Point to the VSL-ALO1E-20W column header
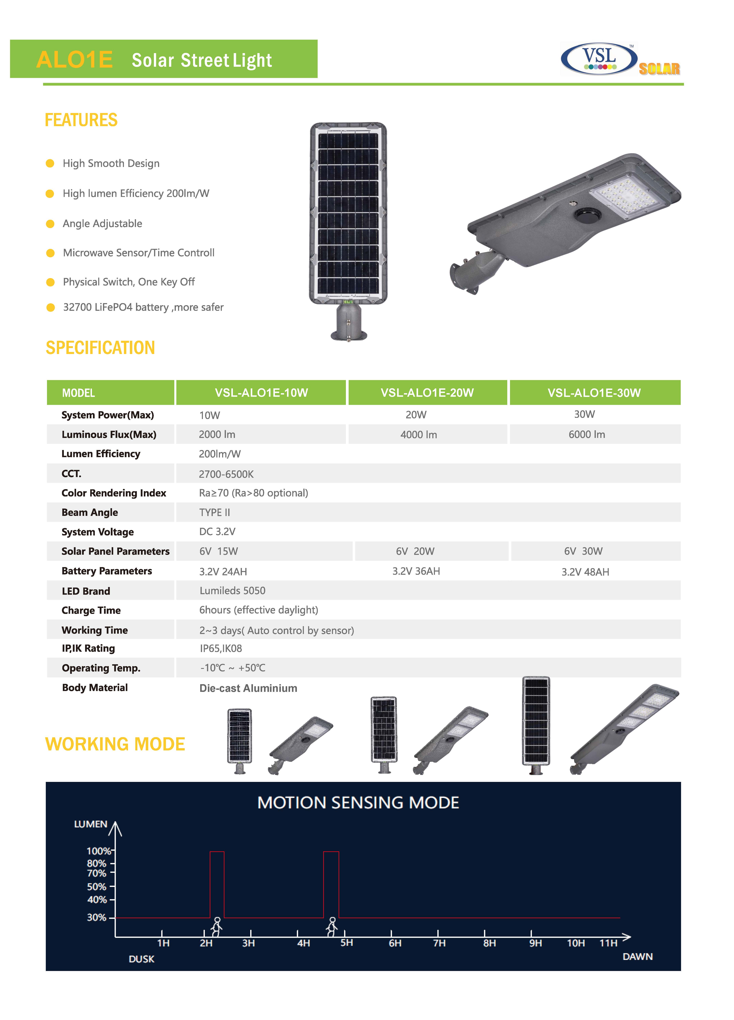[427, 393]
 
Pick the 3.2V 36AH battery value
[416, 571]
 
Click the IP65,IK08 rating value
[221, 648]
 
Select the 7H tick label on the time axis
[439, 943]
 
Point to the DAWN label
[637, 957]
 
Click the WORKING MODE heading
[115, 744]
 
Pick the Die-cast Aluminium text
[248, 688]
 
